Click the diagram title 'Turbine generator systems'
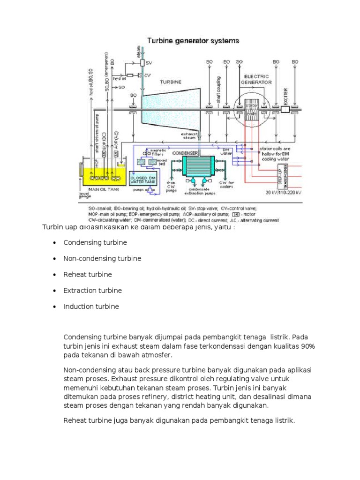click(193, 41)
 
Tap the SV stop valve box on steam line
click(143, 62)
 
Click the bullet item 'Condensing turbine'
click(95, 242)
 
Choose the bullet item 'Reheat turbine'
click(88, 274)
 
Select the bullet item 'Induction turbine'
click(91, 306)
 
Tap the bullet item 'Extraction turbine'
click(92, 290)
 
